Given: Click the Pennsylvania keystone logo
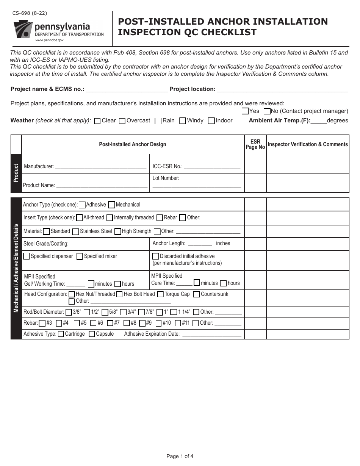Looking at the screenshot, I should click(22, 29).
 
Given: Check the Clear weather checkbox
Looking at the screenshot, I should click(97, 121).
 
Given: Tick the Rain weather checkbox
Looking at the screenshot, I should click(158, 121).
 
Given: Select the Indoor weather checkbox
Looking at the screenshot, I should click(211, 121).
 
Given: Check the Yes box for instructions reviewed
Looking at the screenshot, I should click(245, 111).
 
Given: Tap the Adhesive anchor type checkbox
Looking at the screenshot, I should click(82, 205).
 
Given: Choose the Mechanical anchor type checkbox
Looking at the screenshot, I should click(111, 205).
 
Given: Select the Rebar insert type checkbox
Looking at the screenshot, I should click(160, 218).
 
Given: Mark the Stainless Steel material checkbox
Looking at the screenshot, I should click(75, 231).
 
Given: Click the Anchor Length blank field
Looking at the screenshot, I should click(200, 244).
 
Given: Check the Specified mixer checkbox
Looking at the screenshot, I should click(80, 256).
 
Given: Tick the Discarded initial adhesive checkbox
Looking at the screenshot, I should click(155, 256).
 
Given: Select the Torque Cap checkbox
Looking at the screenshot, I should click(160, 294).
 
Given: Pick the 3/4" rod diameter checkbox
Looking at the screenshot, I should click(123, 312).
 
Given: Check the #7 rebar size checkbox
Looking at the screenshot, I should click(110, 323).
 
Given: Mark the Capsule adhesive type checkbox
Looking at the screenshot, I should click(92, 334).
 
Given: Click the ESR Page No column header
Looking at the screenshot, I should click(255, 144).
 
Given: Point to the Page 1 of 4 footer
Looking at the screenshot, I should click(180, 456).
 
